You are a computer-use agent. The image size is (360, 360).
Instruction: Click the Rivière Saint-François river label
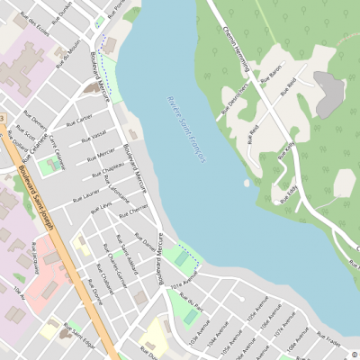pos(186,129)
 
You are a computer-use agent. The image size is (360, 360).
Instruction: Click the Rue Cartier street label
pos(79,119)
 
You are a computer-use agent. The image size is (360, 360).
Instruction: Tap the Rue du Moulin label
pos(67,49)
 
